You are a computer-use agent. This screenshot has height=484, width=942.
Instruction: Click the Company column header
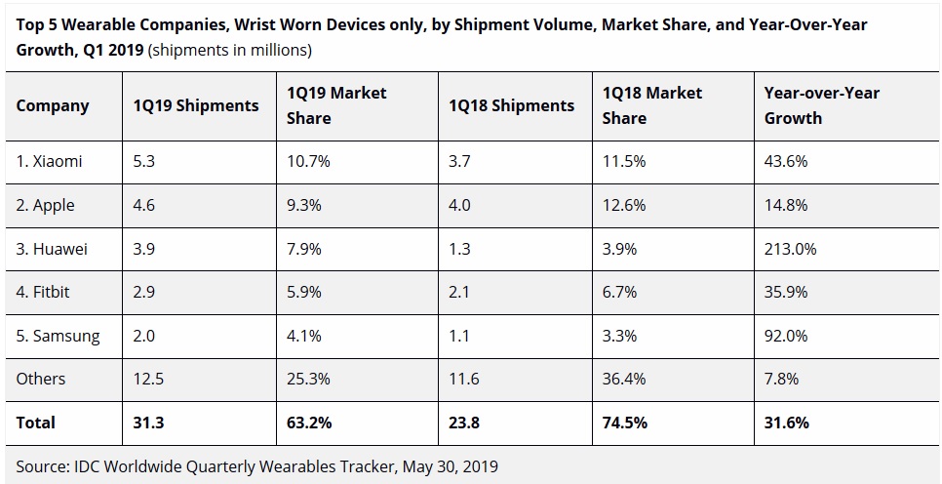(53, 105)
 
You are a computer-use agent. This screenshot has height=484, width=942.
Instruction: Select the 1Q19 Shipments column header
(196, 105)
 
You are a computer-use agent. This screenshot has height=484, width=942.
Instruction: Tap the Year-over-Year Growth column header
(822, 105)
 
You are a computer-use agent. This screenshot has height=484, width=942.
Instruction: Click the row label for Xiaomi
(50, 162)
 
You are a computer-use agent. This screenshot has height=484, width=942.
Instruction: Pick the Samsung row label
(59, 336)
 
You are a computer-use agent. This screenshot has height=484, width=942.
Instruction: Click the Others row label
(41, 379)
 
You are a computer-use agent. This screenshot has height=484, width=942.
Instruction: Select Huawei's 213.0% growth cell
(791, 249)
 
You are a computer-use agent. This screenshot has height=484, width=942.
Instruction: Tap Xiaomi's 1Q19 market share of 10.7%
(309, 162)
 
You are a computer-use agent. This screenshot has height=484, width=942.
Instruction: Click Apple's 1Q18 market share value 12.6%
(625, 206)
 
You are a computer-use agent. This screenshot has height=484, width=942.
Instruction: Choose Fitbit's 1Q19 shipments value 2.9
(145, 292)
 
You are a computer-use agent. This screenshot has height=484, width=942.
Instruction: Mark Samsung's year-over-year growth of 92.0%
(786, 336)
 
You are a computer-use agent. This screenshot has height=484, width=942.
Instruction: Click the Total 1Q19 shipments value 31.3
(149, 423)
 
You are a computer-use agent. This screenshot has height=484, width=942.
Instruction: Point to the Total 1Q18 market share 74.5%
(625, 423)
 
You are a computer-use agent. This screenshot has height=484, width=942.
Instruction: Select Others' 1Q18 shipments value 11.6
(463, 379)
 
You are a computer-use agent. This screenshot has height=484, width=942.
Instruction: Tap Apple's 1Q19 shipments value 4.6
(145, 206)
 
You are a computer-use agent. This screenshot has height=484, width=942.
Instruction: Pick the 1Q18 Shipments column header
(511, 105)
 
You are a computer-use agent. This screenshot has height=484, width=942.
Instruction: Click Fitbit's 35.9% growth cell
(786, 292)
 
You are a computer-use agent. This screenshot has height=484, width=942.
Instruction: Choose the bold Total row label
(36, 423)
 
